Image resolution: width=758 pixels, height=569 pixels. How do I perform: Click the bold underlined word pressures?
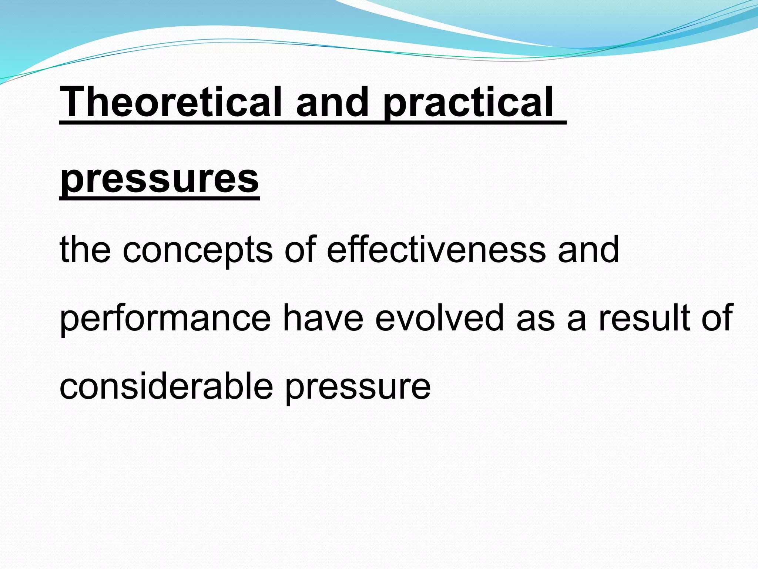pos(160,180)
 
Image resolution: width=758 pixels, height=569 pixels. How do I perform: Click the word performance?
pos(165,319)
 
